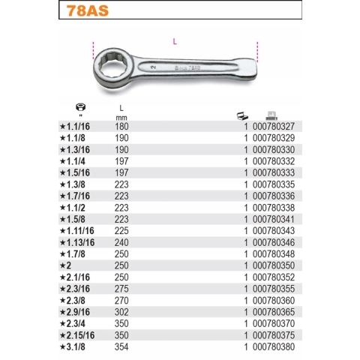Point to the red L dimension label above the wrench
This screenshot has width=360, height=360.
(175, 41)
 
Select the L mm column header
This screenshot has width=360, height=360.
(122, 113)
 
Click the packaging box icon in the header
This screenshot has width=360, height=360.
(241, 115)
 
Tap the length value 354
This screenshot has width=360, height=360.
(122, 349)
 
